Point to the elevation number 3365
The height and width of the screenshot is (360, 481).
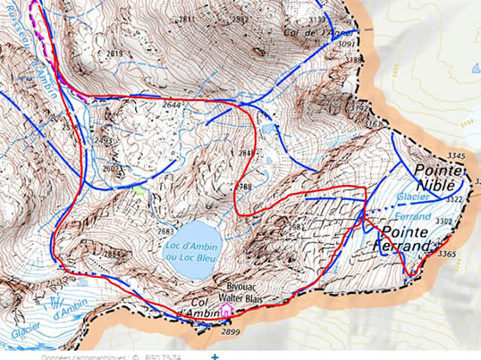pyautogui.click(x=449, y=255)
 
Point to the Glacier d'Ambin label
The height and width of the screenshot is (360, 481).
pyautogui.click(x=45, y=318)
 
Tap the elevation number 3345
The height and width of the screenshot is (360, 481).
pyautogui.click(x=457, y=157)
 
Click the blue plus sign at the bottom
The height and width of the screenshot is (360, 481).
pyautogui.click(x=215, y=356)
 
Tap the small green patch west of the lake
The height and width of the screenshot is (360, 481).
pyautogui.click(x=139, y=188)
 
